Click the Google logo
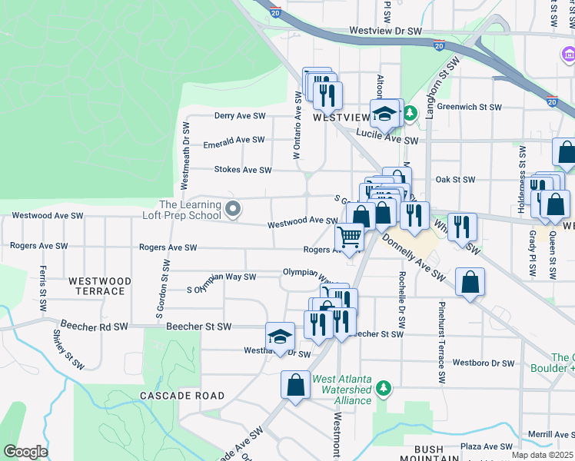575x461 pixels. pyautogui.click(x=25, y=452)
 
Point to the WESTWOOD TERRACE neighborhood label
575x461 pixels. pyautogui.click(x=99, y=286)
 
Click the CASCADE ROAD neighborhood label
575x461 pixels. pyautogui.click(x=182, y=396)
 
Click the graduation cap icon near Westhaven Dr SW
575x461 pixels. pyautogui.click(x=280, y=336)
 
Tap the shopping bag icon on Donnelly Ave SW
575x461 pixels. pyautogui.click(x=470, y=282)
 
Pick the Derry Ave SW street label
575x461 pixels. pyautogui.click(x=240, y=115)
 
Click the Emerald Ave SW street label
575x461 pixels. pyautogui.click(x=234, y=141)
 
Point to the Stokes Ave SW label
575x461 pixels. pyautogui.click(x=243, y=170)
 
